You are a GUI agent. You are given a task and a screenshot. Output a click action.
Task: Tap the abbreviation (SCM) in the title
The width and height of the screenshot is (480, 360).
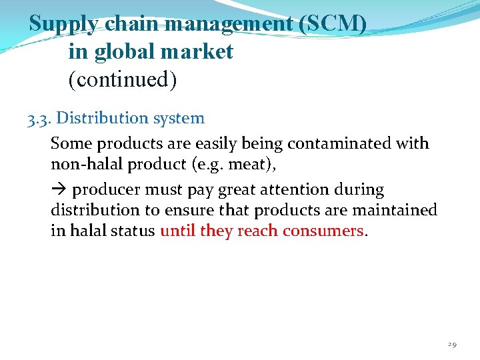click(x=333, y=24)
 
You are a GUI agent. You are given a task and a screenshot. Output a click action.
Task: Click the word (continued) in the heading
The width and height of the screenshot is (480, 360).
click(x=123, y=80)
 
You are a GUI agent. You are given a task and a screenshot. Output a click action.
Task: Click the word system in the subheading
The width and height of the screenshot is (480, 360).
click(x=179, y=119)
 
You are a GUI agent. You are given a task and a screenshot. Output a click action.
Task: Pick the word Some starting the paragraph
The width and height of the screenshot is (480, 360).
click(x=71, y=143)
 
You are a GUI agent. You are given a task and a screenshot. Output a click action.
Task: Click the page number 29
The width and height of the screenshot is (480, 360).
click(x=451, y=344)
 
